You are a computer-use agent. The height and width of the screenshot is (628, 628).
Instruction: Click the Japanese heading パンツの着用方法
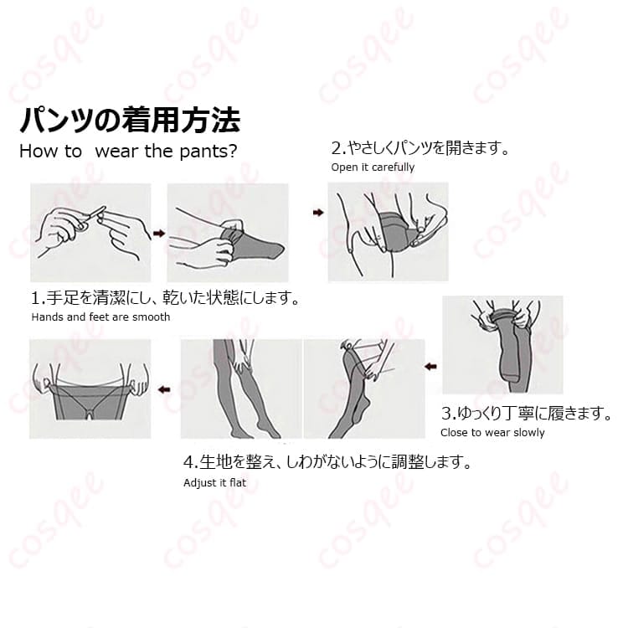[x=130, y=120]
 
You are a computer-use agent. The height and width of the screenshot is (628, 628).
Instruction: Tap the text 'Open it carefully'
[x=373, y=167]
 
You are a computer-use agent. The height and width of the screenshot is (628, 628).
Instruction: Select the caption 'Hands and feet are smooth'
[x=100, y=317]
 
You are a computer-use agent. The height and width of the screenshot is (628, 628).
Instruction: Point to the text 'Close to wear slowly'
[x=492, y=433]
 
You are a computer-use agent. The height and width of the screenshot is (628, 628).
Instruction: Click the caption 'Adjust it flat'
[x=214, y=482]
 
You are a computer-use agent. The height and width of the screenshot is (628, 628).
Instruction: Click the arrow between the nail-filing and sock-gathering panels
[x=159, y=233]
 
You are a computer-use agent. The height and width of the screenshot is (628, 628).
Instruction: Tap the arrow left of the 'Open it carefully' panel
[x=318, y=213]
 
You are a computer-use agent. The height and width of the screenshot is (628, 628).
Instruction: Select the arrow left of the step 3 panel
[x=430, y=366]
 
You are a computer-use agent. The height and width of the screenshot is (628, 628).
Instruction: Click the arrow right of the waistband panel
[x=164, y=389]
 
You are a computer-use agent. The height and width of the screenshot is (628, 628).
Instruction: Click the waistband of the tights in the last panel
[x=90, y=387]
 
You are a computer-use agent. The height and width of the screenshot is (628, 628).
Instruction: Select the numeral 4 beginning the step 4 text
[x=188, y=462]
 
